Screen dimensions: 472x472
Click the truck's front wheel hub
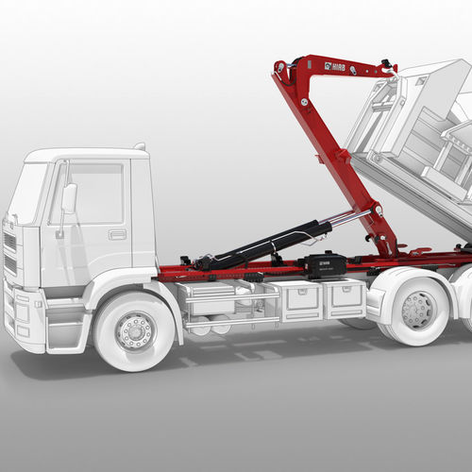point(135,330)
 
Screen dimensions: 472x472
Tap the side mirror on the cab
point(69,198)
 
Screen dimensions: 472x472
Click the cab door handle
point(117,233)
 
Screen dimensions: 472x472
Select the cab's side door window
point(94,194)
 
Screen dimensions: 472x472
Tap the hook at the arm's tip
point(386,67)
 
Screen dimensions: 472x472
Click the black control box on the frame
point(327,265)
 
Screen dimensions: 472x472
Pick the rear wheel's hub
point(417,309)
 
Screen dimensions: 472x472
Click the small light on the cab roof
point(140,146)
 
